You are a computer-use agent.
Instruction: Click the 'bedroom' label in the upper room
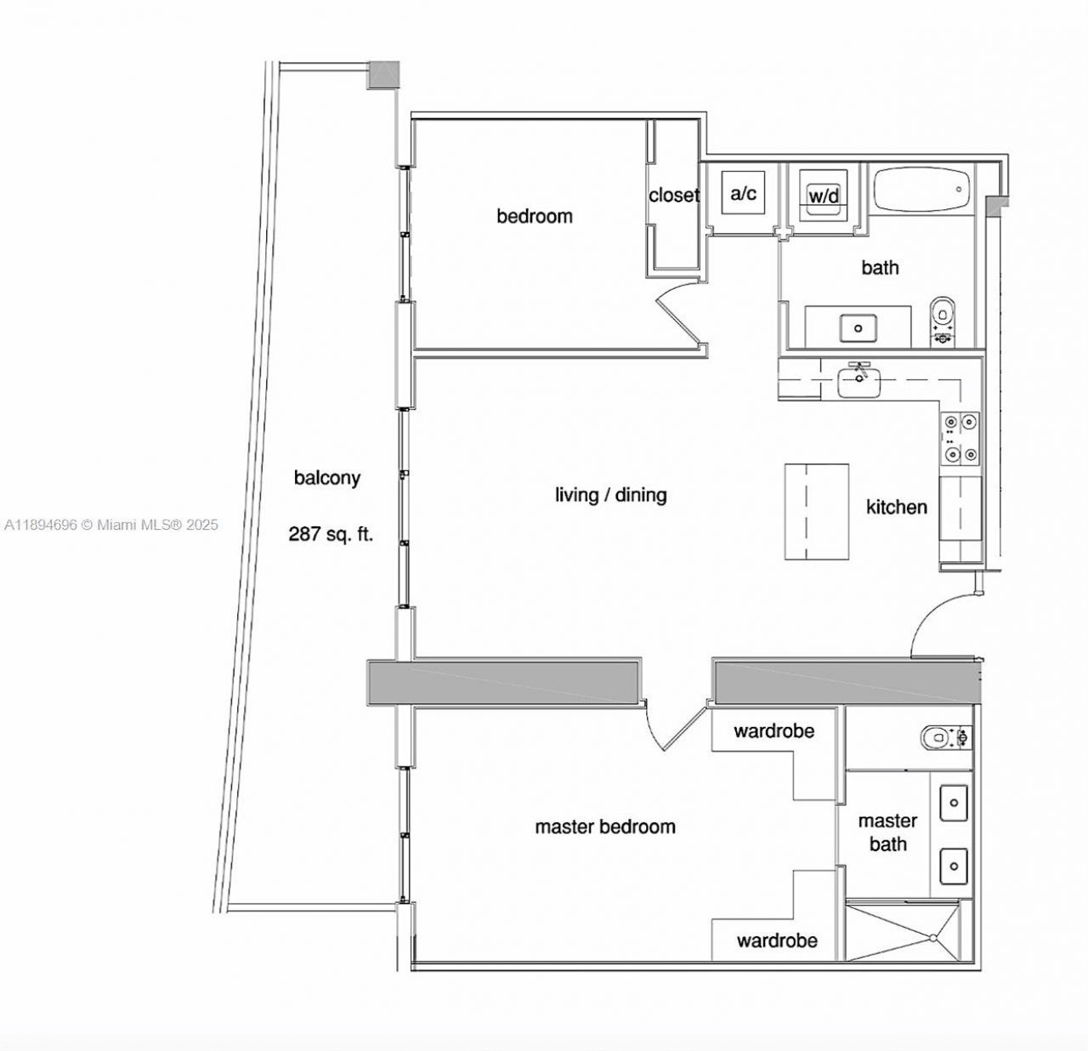(x=534, y=216)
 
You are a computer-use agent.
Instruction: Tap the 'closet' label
(x=673, y=195)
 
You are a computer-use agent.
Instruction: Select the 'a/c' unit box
(x=743, y=194)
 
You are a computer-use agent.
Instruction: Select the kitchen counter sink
(x=860, y=379)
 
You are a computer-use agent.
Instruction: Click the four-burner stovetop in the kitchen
(x=960, y=438)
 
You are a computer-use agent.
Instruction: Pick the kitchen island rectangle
(x=816, y=511)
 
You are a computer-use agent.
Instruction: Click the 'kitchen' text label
(x=896, y=508)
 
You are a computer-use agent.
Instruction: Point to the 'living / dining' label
(x=610, y=495)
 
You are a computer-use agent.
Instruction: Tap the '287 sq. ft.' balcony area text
(x=331, y=535)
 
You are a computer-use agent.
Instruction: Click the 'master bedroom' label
(x=604, y=827)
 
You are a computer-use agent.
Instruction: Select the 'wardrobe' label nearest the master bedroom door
(x=773, y=730)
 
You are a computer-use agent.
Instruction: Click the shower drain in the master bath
(x=933, y=938)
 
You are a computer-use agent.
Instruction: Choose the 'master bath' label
(x=887, y=832)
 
